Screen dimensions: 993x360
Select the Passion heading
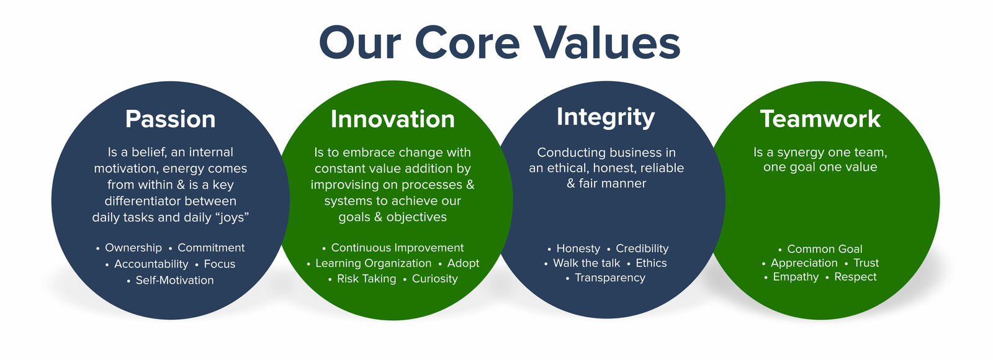[170, 119]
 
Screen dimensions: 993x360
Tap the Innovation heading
[393, 119]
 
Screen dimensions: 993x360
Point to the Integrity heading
[606, 117]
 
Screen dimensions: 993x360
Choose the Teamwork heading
[820, 119]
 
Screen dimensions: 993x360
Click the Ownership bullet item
[133, 248]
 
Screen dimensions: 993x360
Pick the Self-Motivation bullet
[174, 280]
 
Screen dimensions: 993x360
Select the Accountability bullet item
[151, 264]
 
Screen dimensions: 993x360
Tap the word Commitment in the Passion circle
[211, 248]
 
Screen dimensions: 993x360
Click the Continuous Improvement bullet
[397, 248]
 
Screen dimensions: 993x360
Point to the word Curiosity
[434, 279]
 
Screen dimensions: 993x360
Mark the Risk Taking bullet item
[366, 279]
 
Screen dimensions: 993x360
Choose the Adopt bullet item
[463, 263]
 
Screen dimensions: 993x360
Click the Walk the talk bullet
[586, 263]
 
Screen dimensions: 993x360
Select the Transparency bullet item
[610, 278]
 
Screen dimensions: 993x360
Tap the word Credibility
[642, 248]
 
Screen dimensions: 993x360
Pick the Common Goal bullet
[825, 249]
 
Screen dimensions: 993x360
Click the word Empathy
[796, 277]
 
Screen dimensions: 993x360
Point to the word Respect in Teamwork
[855, 277]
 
